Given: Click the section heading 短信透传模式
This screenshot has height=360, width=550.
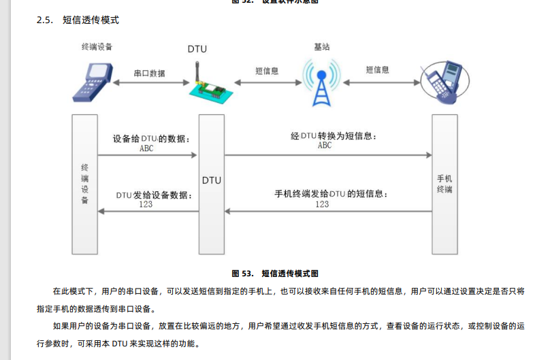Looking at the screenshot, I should click(x=91, y=20).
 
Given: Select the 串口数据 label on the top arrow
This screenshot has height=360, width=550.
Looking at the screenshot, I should click(x=148, y=73).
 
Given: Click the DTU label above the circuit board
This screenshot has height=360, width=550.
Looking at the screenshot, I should click(x=197, y=49).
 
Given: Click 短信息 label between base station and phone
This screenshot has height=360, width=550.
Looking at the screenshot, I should click(x=377, y=70).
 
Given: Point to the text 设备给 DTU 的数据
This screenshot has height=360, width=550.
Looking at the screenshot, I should click(x=151, y=138).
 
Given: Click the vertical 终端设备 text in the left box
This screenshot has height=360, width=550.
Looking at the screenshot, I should click(x=84, y=184).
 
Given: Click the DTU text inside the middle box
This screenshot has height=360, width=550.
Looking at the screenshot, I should click(x=211, y=180).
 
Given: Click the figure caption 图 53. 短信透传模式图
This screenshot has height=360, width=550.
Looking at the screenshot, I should click(x=275, y=274).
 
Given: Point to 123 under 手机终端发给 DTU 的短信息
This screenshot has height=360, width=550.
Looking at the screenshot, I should click(x=322, y=204).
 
